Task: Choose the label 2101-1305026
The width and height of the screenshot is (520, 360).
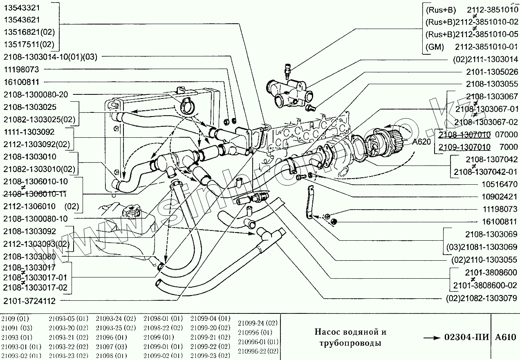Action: [x=491, y=72]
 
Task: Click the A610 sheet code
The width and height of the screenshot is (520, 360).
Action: [x=506, y=338]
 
